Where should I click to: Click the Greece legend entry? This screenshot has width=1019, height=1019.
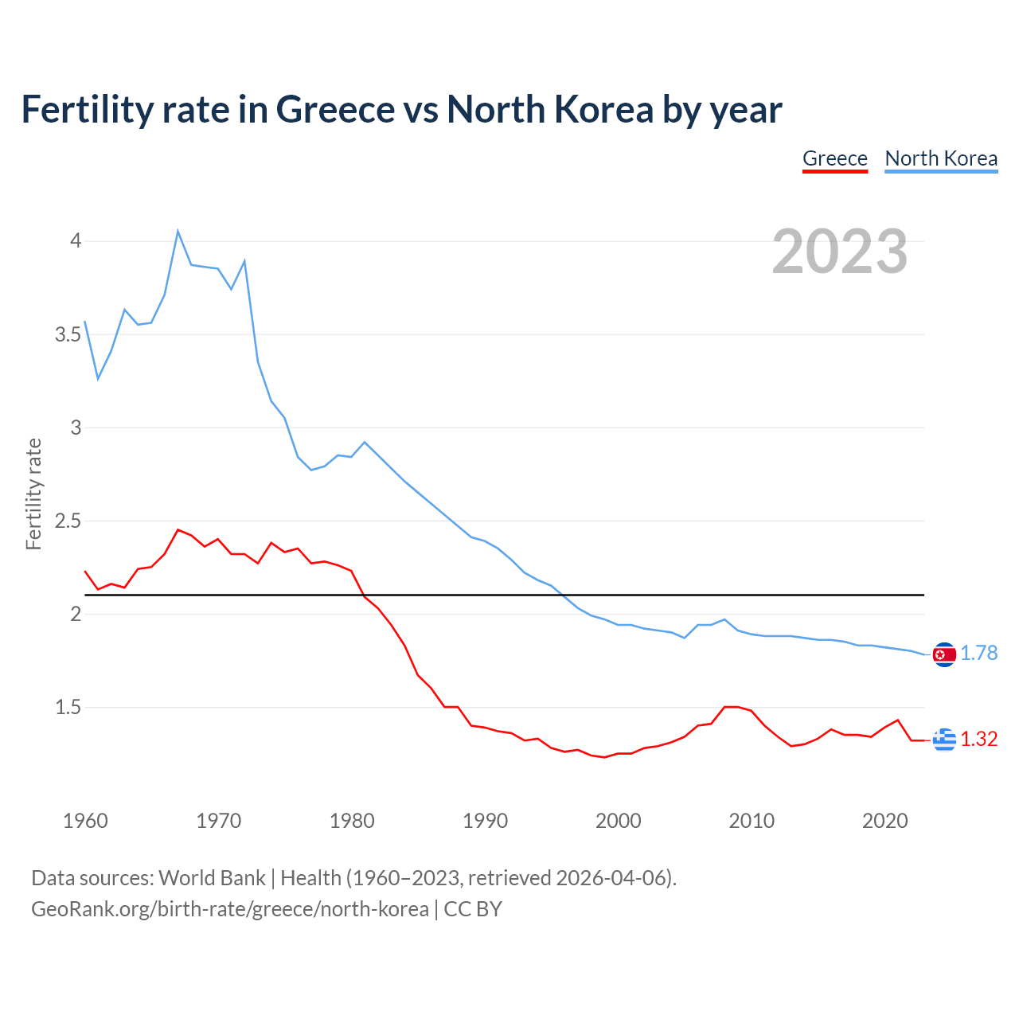[x=834, y=158]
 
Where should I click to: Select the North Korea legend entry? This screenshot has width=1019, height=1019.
[x=941, y=158]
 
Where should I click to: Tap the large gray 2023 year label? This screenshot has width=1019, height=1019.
[x=839, y=252]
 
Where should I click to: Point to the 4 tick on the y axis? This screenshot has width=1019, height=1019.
[x=76, y=240]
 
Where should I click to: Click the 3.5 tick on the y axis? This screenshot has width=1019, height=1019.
[x=68, y=334]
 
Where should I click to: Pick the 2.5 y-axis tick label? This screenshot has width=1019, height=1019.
[x=68, y=521]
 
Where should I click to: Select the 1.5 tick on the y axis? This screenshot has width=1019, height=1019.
[x=68, y=708]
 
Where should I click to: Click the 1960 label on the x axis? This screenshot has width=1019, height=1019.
[x=85, y=821]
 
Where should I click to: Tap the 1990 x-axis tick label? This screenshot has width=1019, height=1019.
[x=485, y=821]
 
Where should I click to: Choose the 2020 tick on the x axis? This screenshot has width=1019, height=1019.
[x=884, y=821]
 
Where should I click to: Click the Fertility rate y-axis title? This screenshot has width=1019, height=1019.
[x=33, y=494]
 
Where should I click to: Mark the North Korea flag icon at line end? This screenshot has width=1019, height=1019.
[x=944, y=654]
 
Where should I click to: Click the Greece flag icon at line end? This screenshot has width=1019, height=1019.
[x=944, y=740]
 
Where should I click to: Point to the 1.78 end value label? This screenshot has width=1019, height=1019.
[x=978, y=654]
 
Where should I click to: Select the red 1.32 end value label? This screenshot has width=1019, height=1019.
[x=978, y=740]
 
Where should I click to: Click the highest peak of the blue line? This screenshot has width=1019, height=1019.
[x=178, y=232]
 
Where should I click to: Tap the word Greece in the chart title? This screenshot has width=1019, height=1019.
[x=334, y=109]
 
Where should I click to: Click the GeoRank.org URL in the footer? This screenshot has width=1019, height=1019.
[x=229, y=909]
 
